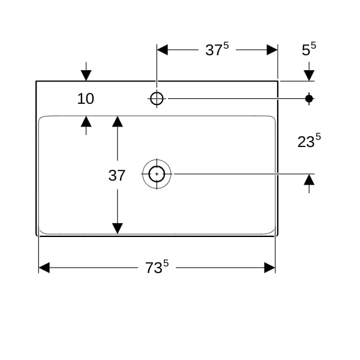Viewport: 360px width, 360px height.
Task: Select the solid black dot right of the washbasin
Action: [x=309, y=99]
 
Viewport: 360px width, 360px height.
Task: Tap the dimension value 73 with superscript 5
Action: [x=157, y=267]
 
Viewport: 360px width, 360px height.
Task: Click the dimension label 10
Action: [x=85, y=99]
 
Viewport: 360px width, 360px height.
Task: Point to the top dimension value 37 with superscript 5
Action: [x=217, y=49]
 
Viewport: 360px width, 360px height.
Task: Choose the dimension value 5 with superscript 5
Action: [x=309, y=49]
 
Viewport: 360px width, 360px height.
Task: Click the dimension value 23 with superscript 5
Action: [x=309, y=141]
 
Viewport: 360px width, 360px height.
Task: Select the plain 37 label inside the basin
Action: [x=116, y=175]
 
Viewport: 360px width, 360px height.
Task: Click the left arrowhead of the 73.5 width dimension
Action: [x=44, y=268]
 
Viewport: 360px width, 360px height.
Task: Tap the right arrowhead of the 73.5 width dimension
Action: [x=269, y=268]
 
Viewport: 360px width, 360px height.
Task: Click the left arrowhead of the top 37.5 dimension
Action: [x=163, y=50]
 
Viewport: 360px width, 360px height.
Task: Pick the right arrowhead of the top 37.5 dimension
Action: [x=272, y=50]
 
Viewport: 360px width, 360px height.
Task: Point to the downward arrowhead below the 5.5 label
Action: [x=309, y=76]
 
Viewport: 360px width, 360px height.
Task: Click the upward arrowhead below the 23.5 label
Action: [x=309, y=179]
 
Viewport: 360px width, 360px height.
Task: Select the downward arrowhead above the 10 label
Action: [x=86, y=76]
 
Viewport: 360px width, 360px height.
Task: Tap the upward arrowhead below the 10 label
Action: [x=86, y=121]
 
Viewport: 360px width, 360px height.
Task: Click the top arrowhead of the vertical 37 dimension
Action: [x=118, y=121]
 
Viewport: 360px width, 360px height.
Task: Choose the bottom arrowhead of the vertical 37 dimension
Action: [x=118, y=229]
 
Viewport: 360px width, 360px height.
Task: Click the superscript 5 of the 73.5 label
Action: [x=166, y=263]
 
